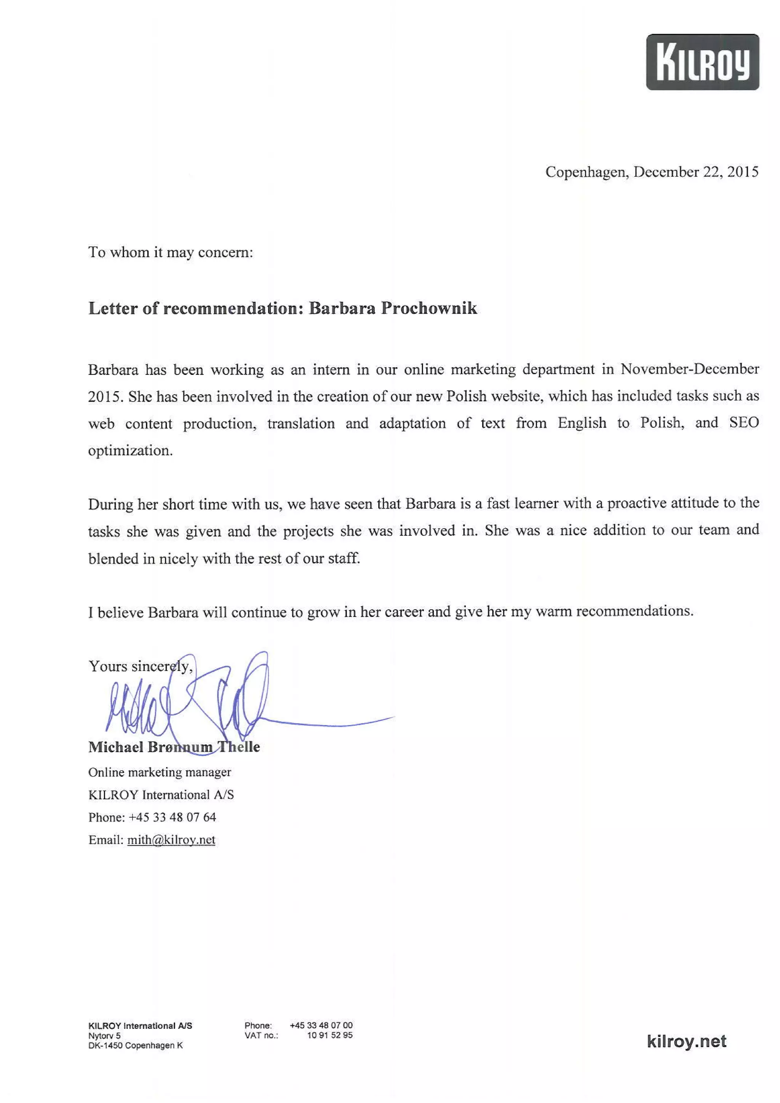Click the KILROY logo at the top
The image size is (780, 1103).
(x=702, y=62)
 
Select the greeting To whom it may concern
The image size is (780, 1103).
(x=170, y=252)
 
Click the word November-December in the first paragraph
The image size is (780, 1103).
(x=690, y=369)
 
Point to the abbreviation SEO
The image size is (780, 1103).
(x=743, y=423)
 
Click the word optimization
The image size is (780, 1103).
(x=130, y=451)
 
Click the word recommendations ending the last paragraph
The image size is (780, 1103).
(x=635, y=611)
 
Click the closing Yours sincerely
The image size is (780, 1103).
(x=140, y=666)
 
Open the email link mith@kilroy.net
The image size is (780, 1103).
(x=171, y=840)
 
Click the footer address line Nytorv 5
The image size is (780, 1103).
(x=104, y=1036)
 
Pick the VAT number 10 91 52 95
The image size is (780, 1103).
(x=330, y=1035)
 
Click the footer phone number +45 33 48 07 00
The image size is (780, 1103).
(x=321, y=1025)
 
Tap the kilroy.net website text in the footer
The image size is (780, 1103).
(x=686, y=1041)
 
